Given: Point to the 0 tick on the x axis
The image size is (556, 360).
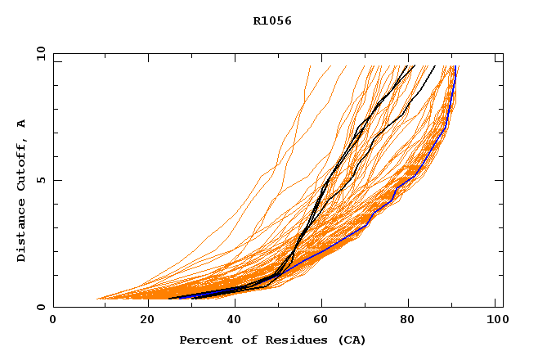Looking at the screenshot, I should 53,320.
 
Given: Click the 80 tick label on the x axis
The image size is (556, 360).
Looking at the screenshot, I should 407,320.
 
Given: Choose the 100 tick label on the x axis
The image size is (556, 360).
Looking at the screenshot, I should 495,320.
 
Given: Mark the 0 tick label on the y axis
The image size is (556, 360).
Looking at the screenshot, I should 41,308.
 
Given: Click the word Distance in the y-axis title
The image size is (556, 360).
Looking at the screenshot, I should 22,233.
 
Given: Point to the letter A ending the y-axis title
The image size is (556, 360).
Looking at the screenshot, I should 22,124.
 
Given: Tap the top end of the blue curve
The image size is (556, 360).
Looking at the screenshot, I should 455,66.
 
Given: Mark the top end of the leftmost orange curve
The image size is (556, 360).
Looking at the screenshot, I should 311,66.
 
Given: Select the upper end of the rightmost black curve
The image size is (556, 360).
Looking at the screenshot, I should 435,66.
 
